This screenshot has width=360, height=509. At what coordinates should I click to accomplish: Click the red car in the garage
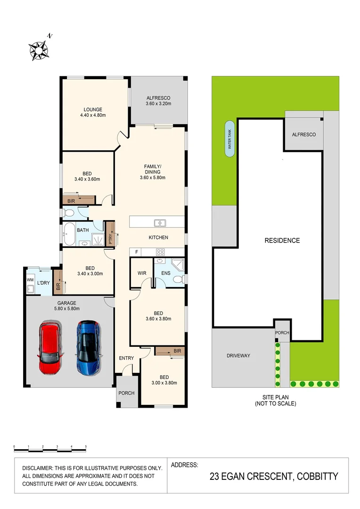tap(50, 347)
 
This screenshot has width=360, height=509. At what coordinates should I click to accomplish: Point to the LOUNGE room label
tap(93, 110)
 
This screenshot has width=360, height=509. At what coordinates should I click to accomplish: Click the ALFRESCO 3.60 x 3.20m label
tap(158, 100)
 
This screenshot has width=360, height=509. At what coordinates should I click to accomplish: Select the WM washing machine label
tap(30, 280)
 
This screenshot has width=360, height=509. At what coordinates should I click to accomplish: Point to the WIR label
tap(142, 273)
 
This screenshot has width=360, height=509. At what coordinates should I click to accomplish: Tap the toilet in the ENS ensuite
tap(178, 279)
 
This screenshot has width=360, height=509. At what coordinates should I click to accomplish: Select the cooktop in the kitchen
tap(160, 251)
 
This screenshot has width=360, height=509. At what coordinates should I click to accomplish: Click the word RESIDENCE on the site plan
tap(282, 240)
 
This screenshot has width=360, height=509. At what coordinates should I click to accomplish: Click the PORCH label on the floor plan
tap(126, 393)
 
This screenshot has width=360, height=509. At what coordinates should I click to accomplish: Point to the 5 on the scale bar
tap(86, 446)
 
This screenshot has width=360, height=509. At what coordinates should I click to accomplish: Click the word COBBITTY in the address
tap(317, 476)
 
